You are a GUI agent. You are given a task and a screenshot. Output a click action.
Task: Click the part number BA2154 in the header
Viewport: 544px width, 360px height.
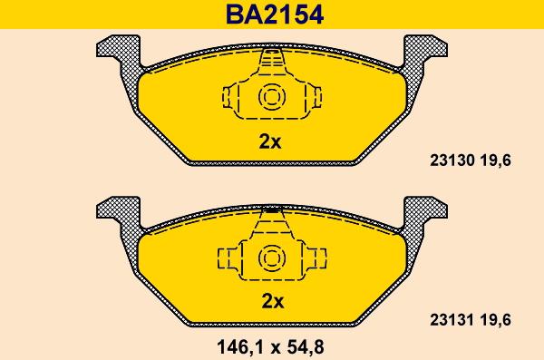pyautogui.click(x=275, y=15)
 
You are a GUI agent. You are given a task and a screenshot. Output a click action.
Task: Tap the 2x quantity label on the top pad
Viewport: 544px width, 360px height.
pyautogui.click(x=270, y=141)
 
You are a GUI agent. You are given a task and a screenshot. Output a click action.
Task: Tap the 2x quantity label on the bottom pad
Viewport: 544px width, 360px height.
pyautogui.click(x=272, y=301)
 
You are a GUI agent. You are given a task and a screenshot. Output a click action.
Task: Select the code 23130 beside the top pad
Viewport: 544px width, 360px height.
pyautogui.click(x=452, y=161)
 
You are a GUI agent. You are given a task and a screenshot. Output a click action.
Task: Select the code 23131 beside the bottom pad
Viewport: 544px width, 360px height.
pyautogui.click(x=452, y=320)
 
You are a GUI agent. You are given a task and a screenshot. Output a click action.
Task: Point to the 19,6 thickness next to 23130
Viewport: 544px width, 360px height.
pyautogui.click(x=495, y=161)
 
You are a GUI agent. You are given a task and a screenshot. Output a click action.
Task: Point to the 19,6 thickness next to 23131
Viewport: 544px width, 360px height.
pyautogui.click(x=495, y=320)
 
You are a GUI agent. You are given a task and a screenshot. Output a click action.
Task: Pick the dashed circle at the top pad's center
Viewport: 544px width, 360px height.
pyautogui.click(x=272, y=86)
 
